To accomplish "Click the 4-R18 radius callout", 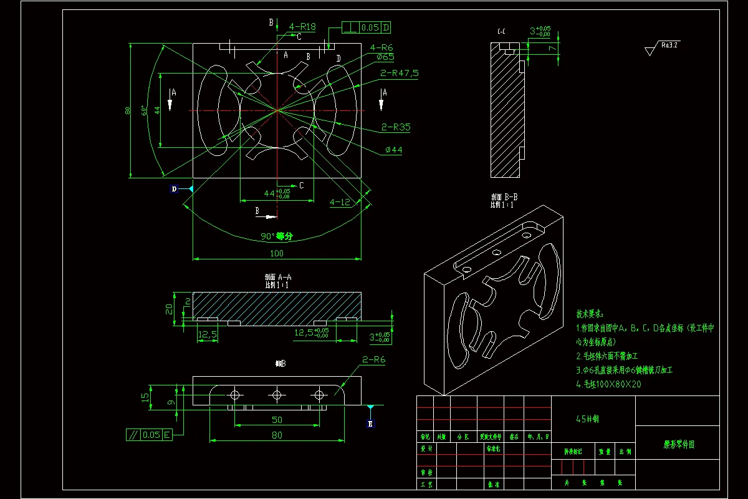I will pos(302,27).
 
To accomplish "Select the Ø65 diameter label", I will pos(385,57).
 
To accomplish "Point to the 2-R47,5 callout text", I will pos(399,73).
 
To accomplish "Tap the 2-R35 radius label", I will pos(396,127).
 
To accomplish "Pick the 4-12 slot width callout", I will pos(340,202).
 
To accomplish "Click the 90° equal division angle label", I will pos(276,236).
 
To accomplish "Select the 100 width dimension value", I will pos(276,253).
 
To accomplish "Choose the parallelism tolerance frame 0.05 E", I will pos(149,435).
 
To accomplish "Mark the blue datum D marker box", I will pos(174,188).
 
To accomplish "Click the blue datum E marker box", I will pos(370,424).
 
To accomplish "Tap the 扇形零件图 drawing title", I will pos(678,445).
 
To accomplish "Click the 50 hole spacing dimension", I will pos(276,420).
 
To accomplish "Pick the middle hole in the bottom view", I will pos(277,395).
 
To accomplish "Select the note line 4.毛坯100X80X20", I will pos(608,384).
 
